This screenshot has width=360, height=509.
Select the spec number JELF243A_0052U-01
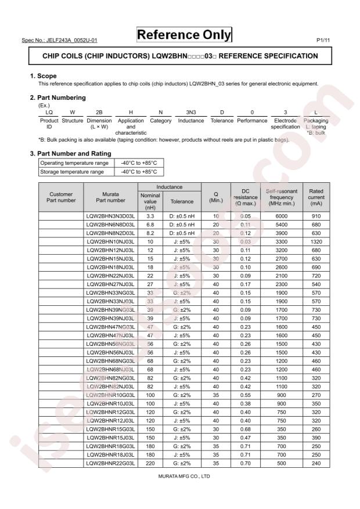tap(63, 39)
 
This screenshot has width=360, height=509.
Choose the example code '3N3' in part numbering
tap(191, 111)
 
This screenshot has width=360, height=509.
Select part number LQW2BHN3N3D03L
tap(110, 216)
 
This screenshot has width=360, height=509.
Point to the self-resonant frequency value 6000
tap(282, 216)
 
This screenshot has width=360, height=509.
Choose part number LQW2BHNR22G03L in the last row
tap(110, 463)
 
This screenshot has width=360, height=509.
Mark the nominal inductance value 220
tap(150, 463)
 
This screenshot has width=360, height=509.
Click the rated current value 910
tap(316, 216)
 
